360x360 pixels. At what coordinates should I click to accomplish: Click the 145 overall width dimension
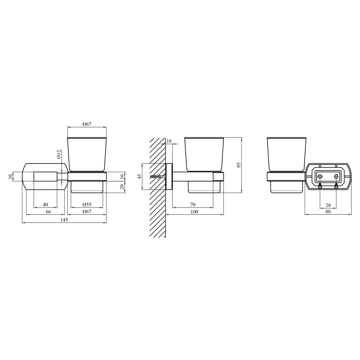point(64,220)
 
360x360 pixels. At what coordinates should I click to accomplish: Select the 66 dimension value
point(48,212)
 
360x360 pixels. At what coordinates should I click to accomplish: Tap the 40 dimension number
point(45,205)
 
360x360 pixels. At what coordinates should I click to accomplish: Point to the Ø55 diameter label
point(87,205)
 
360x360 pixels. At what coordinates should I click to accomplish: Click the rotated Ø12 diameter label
point(59,154)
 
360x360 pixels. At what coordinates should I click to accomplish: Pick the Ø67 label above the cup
point(87,124)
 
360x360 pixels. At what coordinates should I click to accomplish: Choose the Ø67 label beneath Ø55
point(87,212)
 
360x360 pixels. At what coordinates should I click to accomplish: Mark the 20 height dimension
point(122,187)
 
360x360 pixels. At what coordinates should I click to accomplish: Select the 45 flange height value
point(139,176)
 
